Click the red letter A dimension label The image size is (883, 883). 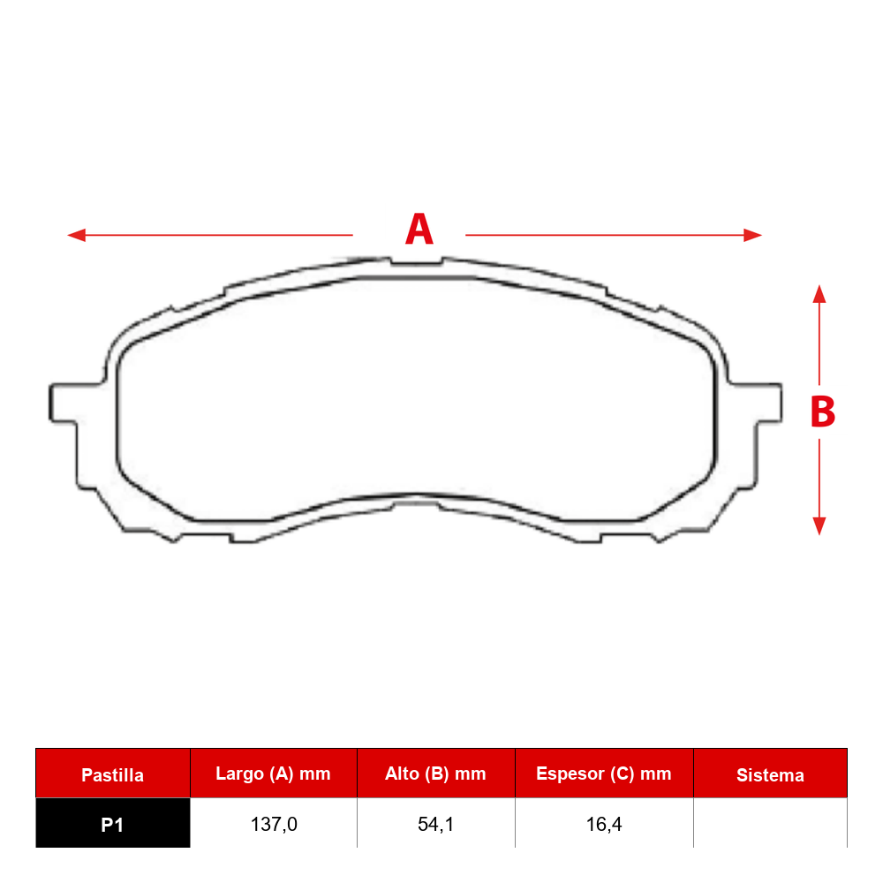coord(419,229)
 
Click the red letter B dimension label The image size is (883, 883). coord(822,411)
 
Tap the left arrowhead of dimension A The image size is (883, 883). coord(76,235)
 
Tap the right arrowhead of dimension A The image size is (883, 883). coord(753,235)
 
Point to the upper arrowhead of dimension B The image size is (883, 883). coord(819,294)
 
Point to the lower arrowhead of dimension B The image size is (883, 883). coord(819,526)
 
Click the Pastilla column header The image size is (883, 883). coord(113,775)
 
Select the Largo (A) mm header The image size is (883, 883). coord(273,774)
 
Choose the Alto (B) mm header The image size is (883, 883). coord(435,774)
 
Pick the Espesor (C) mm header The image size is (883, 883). coord(604,774)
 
